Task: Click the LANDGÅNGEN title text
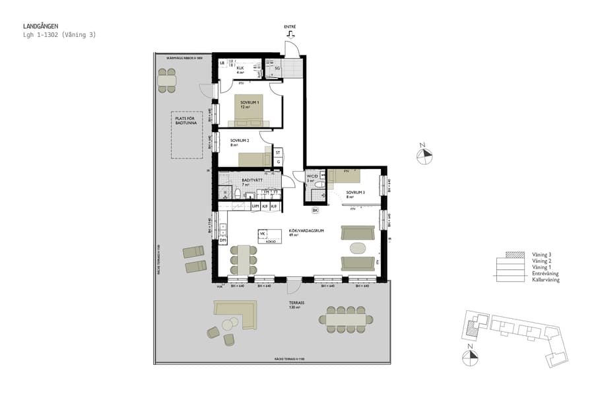pyautogui.click(x=40, y=26)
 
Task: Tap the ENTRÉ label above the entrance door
pyautogui.click(x=290, y=27)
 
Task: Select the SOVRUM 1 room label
pyautogui.click(x=249, y=103)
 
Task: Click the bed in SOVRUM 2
pyautogui.click(x=254, y=159)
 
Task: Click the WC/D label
pyautogui.click(x=313, y=176)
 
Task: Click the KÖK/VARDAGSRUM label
pyautogui.click(x=304, y=232)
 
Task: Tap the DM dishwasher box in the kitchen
pyautogui.click(x=223, y=240)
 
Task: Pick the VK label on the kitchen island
pyautogui.click(x=262, y=234)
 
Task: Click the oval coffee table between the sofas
pyautogui.click(x=357, y=248)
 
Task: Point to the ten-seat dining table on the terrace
pyautogui.click(x=345, y=319)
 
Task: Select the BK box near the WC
pyautogui.click(x=315, y=211)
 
